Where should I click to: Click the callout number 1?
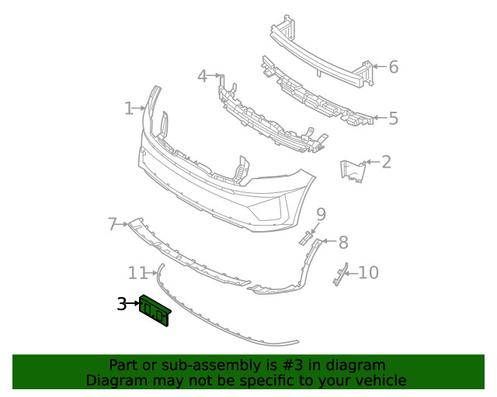(129, 109)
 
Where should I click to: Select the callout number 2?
(386, 162)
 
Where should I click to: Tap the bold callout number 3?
(122, 305)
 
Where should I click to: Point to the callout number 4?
(202, 76)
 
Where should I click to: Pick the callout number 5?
(393, 119)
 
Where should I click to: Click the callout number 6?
(393, 67)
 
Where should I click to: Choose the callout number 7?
(113, 225)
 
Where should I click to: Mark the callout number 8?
(343, 242)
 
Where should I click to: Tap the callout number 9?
(321, 214)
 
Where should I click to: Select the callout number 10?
(368, 273)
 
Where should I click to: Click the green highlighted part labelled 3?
(155, 311)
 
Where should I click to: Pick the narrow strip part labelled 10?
(339, 274)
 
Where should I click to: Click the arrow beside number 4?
(215, 76)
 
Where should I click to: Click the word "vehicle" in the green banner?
(381, 381)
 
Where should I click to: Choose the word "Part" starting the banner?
(123, 365)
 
